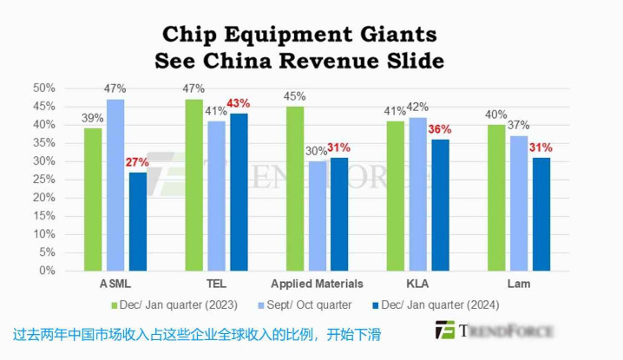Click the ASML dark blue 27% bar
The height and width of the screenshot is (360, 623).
(x=137, y=221)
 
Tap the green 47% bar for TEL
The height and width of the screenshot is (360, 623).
(x=194, y=185)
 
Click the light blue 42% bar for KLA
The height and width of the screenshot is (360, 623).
(x=416, y=193)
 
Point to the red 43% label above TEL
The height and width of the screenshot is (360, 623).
(x=238, y=103)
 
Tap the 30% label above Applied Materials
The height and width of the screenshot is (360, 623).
(x=316, y=151)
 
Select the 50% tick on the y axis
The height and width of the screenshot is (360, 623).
(x=44, y=88)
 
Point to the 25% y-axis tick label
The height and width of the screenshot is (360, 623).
(x=44, y=180)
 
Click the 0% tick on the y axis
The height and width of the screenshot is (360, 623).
(x=48, y=271)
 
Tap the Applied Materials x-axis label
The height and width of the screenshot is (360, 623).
(x=317, y=285)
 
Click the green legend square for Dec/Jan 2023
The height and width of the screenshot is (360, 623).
(x=113, y=305)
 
